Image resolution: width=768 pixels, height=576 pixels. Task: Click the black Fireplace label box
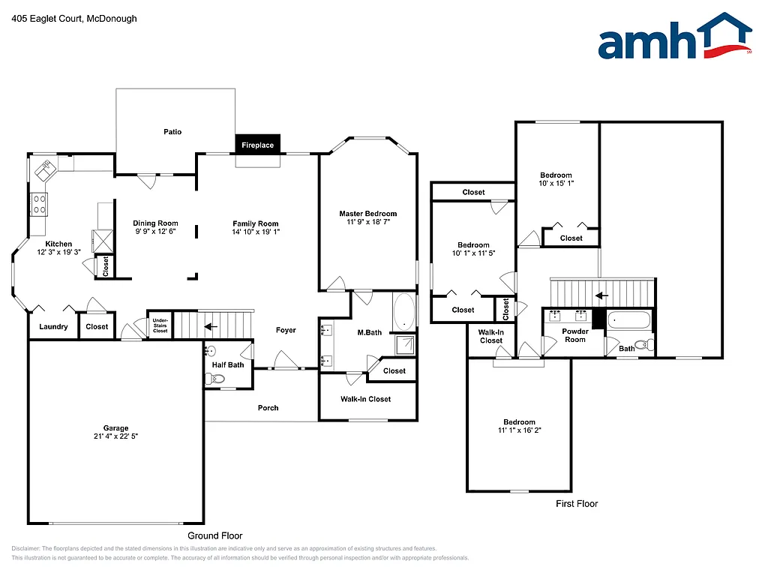pyautogui.click(x=257, y=145)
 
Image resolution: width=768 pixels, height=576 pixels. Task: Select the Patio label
pyautogui.click(x=172, y=132)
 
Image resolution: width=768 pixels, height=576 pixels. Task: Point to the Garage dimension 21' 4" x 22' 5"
pyautogui.click(x=116, y=436)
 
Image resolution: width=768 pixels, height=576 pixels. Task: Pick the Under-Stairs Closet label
pyautogui.click(x=160, y=325)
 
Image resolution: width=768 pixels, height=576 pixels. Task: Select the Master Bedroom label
pyautogui.click(x=367, y=214)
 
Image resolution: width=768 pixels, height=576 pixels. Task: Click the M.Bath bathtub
pyautogui.click(x=404, y=312)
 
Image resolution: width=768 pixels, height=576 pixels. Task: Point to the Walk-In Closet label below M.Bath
pyautogui.click(x=365, y=399)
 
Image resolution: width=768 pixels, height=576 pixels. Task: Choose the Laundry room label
pyautogui.click(x=53, y=326)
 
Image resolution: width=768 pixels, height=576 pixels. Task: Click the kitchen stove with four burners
pyautogui.click(x=38, y=203)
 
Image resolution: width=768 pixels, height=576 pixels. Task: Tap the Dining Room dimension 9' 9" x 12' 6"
pyautogui.click(x=156, y=232)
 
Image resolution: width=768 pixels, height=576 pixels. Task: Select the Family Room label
pyautogui.click(x=255, y=223)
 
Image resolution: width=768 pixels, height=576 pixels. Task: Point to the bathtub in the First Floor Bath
pyautogui.click(x=628, y=320)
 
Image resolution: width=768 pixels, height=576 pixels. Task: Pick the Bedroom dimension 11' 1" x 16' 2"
pyautogui.click(x=519, y=430)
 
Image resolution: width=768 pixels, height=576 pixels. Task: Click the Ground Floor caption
pyautogui.click(x=214, y=535)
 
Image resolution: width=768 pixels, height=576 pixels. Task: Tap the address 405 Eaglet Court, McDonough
pyautogui.click(x=74, y=19)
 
